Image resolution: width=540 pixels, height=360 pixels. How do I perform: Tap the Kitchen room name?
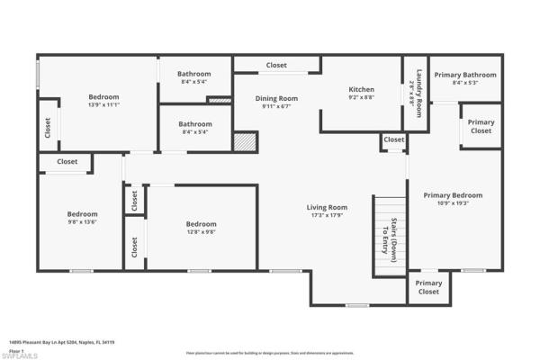361,89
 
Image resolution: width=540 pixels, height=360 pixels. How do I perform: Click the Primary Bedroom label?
453,194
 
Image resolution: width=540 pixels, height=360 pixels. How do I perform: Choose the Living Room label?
327,207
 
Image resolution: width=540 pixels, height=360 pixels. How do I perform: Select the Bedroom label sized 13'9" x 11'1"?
103,97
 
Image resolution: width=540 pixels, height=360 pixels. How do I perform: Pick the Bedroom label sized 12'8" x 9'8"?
201,224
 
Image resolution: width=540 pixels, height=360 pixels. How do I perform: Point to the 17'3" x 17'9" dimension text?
327,215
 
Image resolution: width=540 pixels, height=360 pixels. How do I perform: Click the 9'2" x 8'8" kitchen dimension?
361,97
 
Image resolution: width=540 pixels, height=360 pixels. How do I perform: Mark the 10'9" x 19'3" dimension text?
453,203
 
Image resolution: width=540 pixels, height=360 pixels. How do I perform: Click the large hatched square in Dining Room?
245,141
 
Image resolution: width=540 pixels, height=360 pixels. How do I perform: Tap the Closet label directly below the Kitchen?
393,139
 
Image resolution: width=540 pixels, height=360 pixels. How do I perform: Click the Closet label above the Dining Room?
276,66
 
